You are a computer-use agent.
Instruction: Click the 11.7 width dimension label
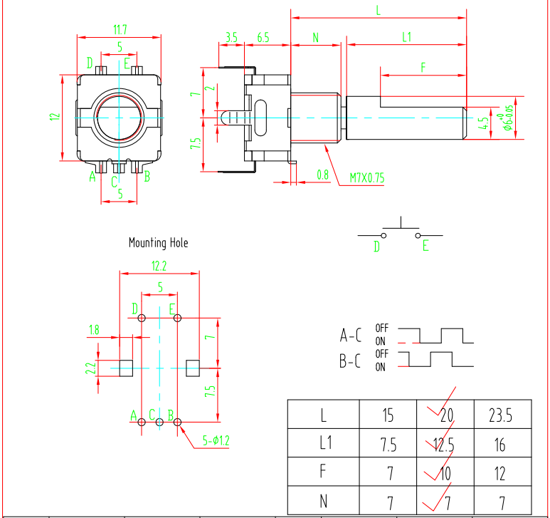(120, 29)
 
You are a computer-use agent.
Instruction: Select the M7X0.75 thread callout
(366, 177)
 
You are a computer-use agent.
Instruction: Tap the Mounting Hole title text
(158, 243)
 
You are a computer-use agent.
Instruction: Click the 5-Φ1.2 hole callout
(216, 441)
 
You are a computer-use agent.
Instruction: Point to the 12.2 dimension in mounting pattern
(159, 266)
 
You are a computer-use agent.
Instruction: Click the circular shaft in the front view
(118, 116)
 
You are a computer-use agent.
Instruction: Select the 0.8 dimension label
(322, 174)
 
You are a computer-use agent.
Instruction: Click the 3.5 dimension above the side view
(231, 36)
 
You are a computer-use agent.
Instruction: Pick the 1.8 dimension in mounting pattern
(95, 329)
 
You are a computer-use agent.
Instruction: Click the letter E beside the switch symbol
(425, 247)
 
